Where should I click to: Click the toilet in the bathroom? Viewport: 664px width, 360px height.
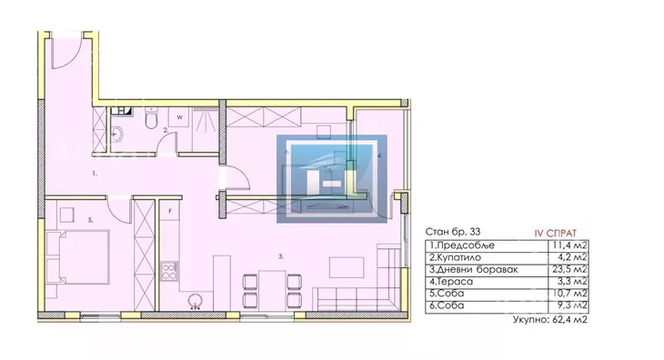(x=151, y=117)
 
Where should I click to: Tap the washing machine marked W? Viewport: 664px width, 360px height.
(x=179, y=117)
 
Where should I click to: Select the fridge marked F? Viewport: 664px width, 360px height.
(x=170, y=210)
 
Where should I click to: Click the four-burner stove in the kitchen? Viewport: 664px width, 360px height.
(x=169, y=271)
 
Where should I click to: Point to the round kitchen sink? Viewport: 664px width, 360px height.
(x=196, y=300)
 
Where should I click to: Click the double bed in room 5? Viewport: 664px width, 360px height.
(x=77, y=257)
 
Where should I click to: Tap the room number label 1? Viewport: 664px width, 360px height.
(x=95, y=173)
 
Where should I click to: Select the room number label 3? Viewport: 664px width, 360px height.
(x=281, y=256)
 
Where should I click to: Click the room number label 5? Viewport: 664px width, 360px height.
(x=91, y=220)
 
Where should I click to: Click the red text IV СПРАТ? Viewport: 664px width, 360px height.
(x=556, y=234)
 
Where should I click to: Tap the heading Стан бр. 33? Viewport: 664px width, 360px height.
(x=453, y=232)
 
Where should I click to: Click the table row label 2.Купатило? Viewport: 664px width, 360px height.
(x=455, y=257)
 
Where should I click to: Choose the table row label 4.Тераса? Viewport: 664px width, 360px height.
(x=451, y=282)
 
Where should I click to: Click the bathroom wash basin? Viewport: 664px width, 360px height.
(x=116, y=135)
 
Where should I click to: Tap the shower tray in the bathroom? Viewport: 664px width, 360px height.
(x=206, y=129)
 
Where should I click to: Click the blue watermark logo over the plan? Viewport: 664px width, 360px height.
(x=332, y=179)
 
